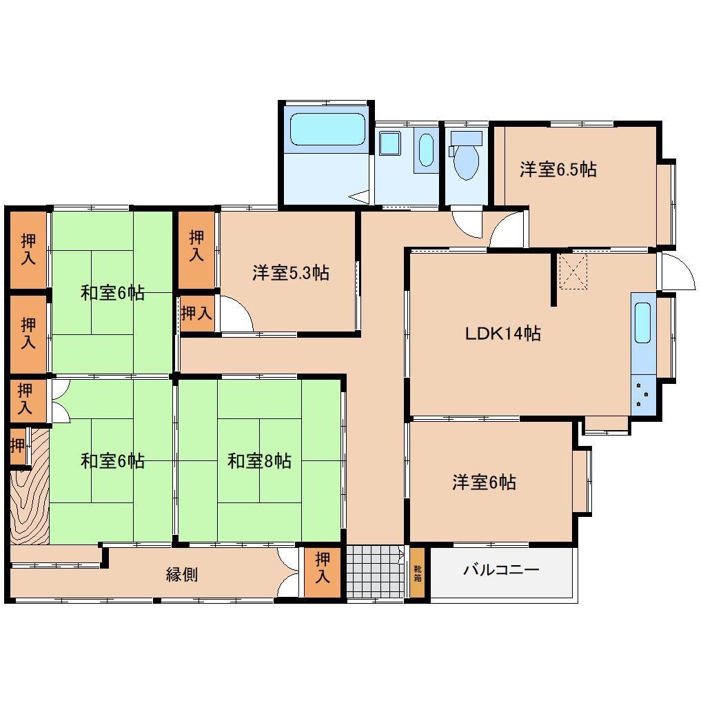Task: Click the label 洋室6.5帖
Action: (558, 170)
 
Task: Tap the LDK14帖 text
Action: (502, 334)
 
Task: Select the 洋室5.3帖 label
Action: (290, 273)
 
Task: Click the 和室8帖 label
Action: (259, 461)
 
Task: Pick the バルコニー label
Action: (501, 570)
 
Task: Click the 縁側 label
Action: (182, 574)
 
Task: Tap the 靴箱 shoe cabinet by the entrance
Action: (418, 573)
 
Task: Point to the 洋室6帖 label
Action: (484, 482)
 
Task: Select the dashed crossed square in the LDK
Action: (573, 271)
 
